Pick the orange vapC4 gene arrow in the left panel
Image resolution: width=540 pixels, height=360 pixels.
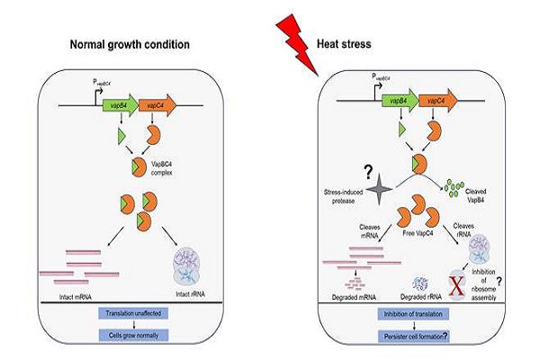point(156,103)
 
